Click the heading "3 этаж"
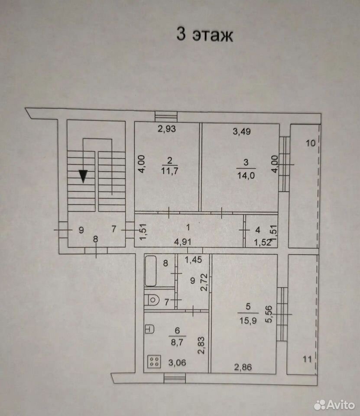coord(204,35)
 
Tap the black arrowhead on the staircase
coord(83,176)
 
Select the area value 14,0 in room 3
coord(246,175)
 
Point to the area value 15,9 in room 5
coord(248,321)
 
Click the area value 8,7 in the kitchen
coord(177,342)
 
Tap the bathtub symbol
coord(150,271)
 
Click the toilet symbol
coord(151,300)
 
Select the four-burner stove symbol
coord(154,361)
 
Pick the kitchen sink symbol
coord(149,329)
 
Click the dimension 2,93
coord(167,129)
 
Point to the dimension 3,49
coord(242,131)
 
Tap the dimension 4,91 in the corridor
coord(182,242)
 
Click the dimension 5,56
coord(269,314)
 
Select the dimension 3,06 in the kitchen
coord(177,362)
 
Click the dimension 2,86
coord(243,367)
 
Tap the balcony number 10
coord(311,143)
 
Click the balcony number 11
coord(307,359)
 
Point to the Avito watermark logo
coord(334,405)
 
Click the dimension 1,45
coord(193,260)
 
